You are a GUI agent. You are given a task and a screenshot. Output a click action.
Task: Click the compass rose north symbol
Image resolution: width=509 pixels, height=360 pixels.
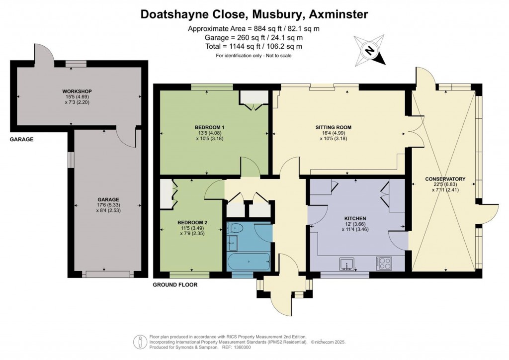369,50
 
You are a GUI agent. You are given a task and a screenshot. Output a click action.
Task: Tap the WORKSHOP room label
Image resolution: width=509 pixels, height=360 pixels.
77,91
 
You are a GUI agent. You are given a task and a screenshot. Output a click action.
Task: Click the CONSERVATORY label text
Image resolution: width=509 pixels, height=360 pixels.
445,179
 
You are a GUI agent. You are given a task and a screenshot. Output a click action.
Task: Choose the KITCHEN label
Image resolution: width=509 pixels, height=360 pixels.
355,218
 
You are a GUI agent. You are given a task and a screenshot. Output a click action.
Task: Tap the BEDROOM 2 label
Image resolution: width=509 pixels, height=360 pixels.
192,223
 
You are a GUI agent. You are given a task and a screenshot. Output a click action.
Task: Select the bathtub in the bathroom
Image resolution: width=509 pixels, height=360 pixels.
249,262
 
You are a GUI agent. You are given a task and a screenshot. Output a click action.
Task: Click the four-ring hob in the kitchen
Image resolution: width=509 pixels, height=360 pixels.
384,263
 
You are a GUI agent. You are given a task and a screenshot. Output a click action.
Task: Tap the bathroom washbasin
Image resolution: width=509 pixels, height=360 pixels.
233,243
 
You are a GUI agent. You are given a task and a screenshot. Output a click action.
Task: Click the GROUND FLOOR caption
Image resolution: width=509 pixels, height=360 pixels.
175,285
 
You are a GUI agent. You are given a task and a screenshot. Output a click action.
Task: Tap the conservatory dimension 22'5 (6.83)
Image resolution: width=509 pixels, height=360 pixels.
445,184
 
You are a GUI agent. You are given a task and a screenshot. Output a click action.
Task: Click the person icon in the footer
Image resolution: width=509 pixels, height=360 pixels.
140,342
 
